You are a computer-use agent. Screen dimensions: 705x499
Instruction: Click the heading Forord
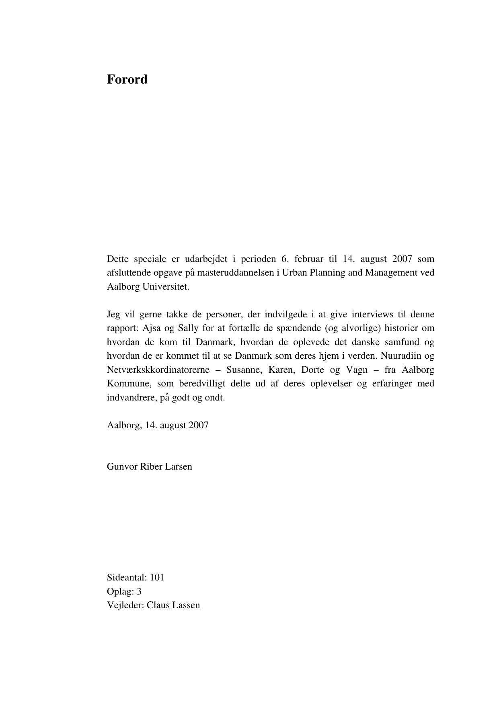[127, 80]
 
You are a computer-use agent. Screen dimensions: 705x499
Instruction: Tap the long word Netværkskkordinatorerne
[158, 370]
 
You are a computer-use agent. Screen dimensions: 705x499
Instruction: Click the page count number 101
[157, 578]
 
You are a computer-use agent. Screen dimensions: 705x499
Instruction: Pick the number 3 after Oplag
[139, 592]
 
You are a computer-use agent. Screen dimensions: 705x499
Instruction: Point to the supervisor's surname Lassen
[186, 605]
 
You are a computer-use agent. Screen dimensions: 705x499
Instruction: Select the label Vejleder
[125, 605]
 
